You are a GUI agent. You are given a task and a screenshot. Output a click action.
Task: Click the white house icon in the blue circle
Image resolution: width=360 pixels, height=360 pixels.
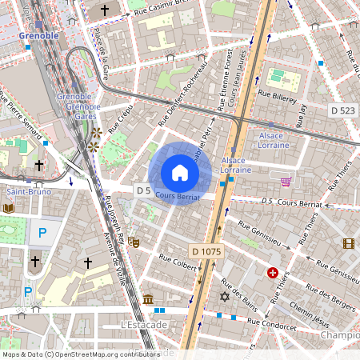[180, 172]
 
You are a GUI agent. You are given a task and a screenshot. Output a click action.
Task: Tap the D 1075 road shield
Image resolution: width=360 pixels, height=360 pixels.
[206, 251]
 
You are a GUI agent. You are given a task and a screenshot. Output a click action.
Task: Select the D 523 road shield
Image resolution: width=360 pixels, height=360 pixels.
[342, 109]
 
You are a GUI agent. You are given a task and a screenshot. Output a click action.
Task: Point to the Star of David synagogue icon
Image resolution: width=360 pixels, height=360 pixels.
[224, 298]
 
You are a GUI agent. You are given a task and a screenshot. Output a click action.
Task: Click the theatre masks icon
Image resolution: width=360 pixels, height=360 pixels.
[134, 240]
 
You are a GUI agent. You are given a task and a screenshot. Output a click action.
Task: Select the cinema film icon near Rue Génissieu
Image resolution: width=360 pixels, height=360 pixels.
[348, 243]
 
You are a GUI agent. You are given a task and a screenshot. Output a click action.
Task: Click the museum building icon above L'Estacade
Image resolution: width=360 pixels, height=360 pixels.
[148, 299]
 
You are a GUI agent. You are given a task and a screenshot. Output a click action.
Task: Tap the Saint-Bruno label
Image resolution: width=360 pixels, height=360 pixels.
[24, 192]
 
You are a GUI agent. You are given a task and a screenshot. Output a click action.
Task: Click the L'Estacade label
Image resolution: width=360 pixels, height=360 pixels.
[143, 325]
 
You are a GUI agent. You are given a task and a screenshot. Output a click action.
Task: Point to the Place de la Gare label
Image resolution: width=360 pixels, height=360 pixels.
[102, 51]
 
